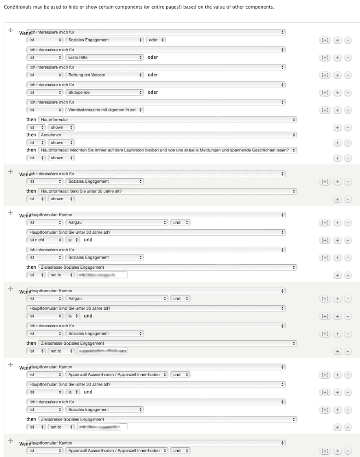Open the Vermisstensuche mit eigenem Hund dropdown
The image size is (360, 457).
tap(105, 110)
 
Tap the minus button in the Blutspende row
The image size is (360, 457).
tap(348, 93)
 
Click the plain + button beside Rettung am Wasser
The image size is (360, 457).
tap(337, 75)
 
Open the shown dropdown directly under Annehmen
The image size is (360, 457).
tap(61, 143)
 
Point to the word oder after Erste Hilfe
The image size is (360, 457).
tap(152, 58)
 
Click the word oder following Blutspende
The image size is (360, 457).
tap(152, 92)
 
